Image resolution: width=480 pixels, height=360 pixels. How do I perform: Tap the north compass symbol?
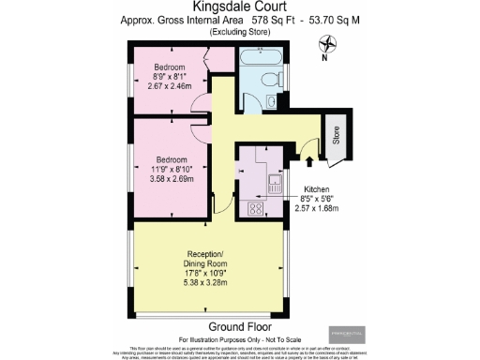327,43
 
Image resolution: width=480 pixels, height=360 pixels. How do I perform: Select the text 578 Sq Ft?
256,20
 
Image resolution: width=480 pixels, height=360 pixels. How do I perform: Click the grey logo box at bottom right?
348,334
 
